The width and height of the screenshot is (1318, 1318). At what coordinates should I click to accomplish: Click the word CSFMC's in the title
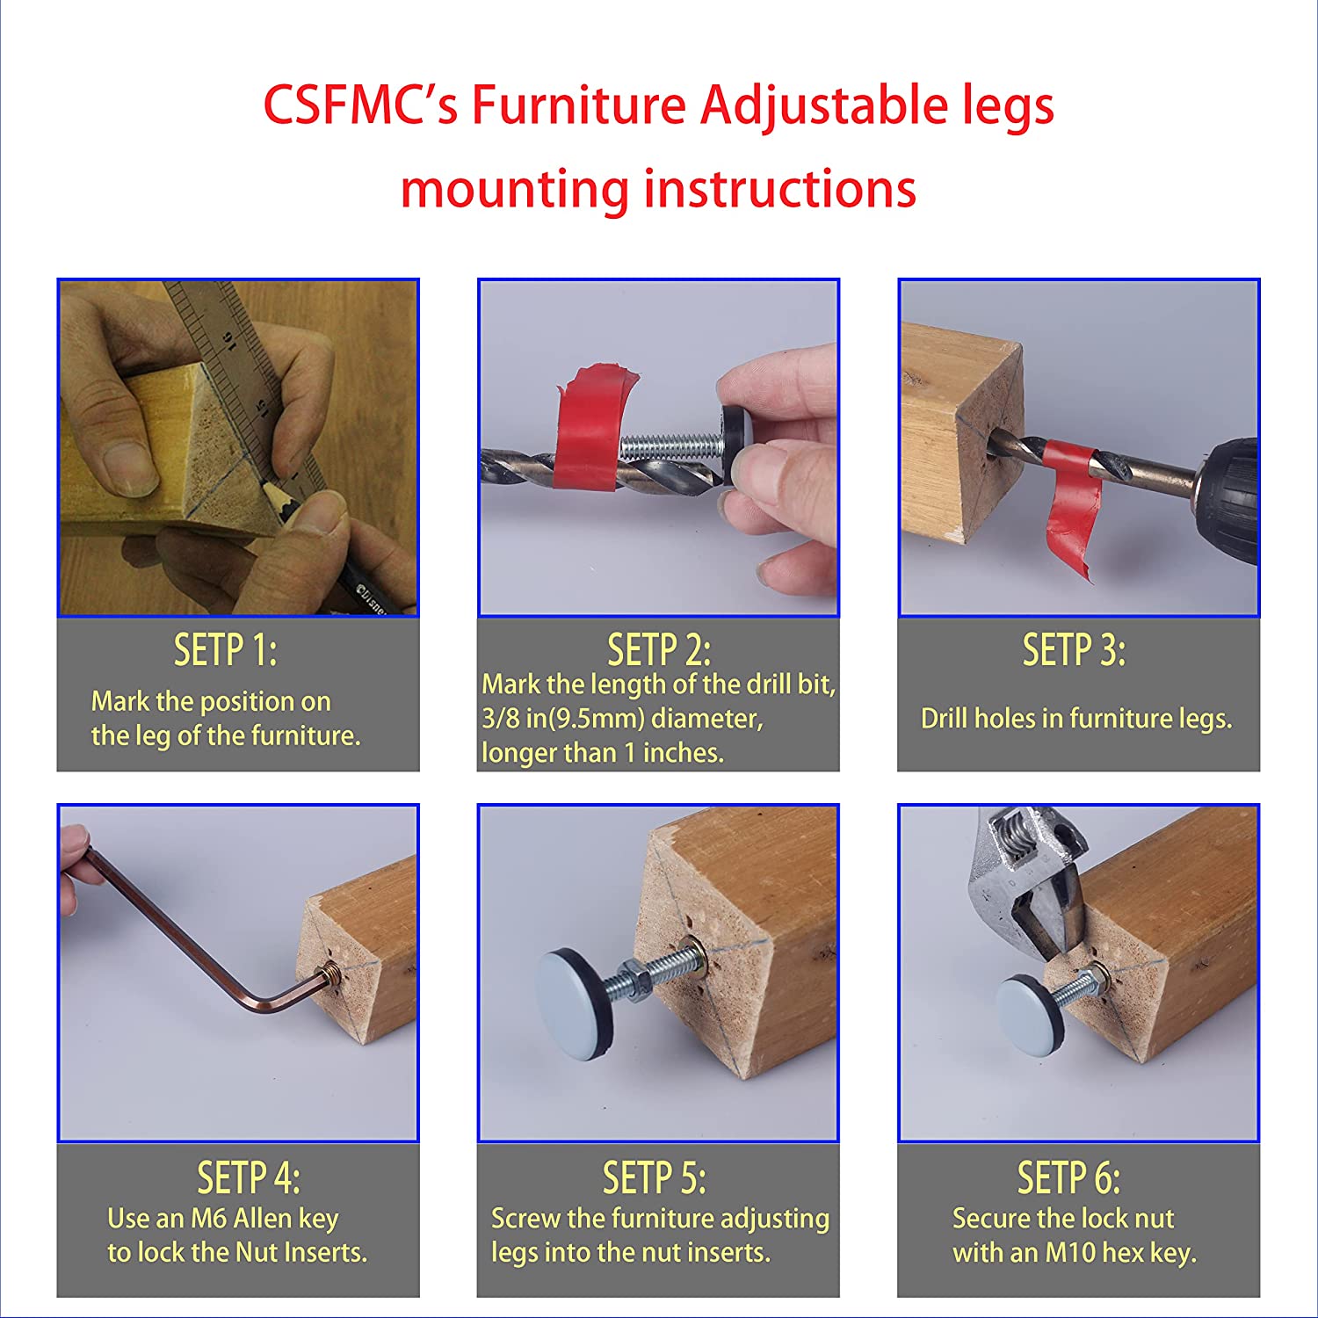coord(360,105)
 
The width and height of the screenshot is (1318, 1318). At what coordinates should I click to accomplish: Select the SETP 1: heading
coord(225,650)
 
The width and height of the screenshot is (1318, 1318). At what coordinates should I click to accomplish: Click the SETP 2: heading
coord(659,650)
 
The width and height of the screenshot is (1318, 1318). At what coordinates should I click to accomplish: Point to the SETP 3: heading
coord(1074,650)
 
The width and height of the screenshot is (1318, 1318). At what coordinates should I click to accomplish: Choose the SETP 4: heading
coord(249,1177)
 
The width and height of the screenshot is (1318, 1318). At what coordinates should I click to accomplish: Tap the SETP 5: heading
coord(655,1177)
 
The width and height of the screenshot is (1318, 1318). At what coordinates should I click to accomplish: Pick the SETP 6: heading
coord(1069,1177)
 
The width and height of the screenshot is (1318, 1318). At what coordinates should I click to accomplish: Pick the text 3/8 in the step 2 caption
coord(502,719)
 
